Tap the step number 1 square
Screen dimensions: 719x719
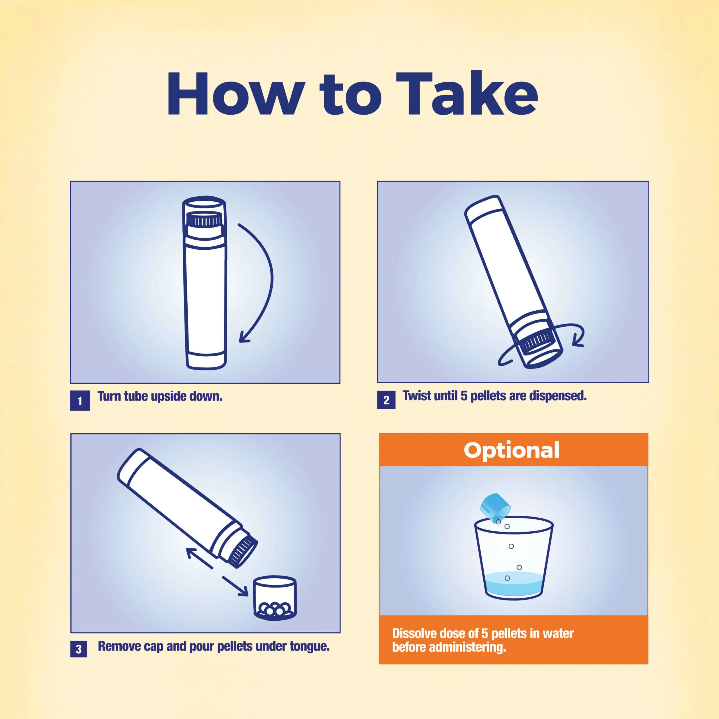80,401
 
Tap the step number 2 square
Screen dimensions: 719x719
386,400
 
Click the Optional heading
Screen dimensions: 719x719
512,450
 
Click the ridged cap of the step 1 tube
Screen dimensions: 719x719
204,220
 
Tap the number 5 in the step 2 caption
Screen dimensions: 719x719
464,396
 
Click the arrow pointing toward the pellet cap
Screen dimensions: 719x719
235,586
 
